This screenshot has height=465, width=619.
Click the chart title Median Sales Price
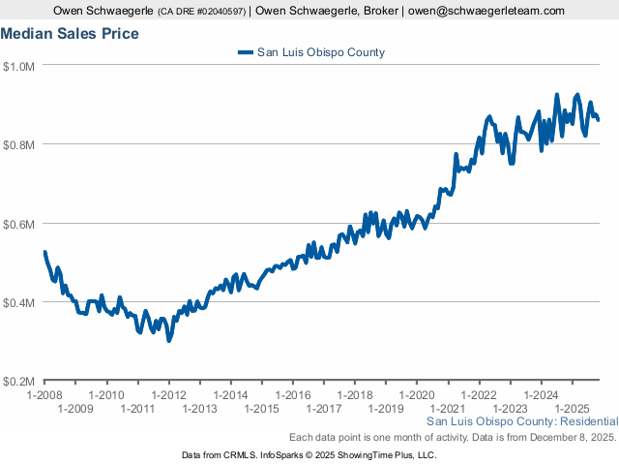click(x=70, y=34)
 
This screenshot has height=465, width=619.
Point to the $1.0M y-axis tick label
click(x=19, y=66)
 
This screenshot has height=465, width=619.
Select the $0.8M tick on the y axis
click(x=19, y=144)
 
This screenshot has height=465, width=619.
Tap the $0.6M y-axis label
click(x=19, y=224)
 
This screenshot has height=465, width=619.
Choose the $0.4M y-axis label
click(x=19, y=302)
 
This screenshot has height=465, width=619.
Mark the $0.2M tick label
click(x=19, y=382)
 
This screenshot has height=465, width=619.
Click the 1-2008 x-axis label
click(x=44, y=395)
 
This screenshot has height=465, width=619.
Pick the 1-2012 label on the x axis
click(x=168, y=395)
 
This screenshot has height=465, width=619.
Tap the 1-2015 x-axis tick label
click(x=261, y=410)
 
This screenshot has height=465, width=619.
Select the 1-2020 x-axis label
click(x=417, y=395)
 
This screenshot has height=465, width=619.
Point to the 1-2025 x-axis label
click(x=572, y=410)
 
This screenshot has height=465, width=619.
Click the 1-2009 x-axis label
click(x=74, y=410)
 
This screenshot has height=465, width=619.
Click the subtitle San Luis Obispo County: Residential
click(x=521, y=422)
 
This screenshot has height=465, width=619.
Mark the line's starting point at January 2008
click(x=44, y=252)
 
